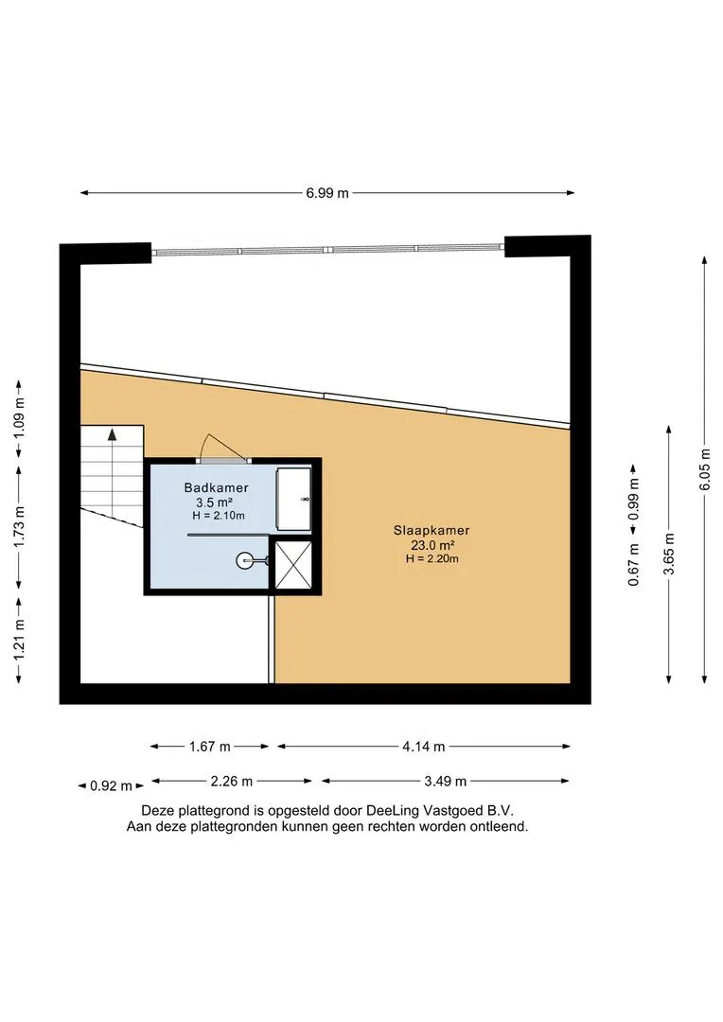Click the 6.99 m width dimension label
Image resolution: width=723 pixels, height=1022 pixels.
(x=327, y=193)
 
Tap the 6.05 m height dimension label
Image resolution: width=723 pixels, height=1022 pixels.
(x=705, y=469)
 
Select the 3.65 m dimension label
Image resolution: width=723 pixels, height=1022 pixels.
(x=669, y=554)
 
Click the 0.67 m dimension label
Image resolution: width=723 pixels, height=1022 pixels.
(x=633, y=564)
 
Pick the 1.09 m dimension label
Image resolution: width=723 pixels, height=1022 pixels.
(x=20, y=418)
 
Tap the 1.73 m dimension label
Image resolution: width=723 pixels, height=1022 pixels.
(x=20, y=527)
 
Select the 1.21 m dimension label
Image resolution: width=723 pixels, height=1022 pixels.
(x=20, y=639)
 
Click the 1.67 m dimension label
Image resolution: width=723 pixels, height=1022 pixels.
(x=210, y=747)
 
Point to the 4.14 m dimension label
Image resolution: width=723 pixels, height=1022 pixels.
(x=424, y=747)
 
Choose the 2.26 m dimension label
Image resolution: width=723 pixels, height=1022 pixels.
(x=232, y=781)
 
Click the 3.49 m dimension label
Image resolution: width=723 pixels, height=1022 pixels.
(x=446, y=781)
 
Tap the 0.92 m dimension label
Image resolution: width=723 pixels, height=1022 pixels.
(x=111, y=786)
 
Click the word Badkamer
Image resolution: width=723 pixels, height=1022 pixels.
(x=216, y=487)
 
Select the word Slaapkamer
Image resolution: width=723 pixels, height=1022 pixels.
(x=432, y=531)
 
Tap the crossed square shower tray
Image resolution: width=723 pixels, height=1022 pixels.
(x=293, y=564)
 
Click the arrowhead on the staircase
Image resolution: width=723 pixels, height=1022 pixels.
(x=112, y=434)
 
